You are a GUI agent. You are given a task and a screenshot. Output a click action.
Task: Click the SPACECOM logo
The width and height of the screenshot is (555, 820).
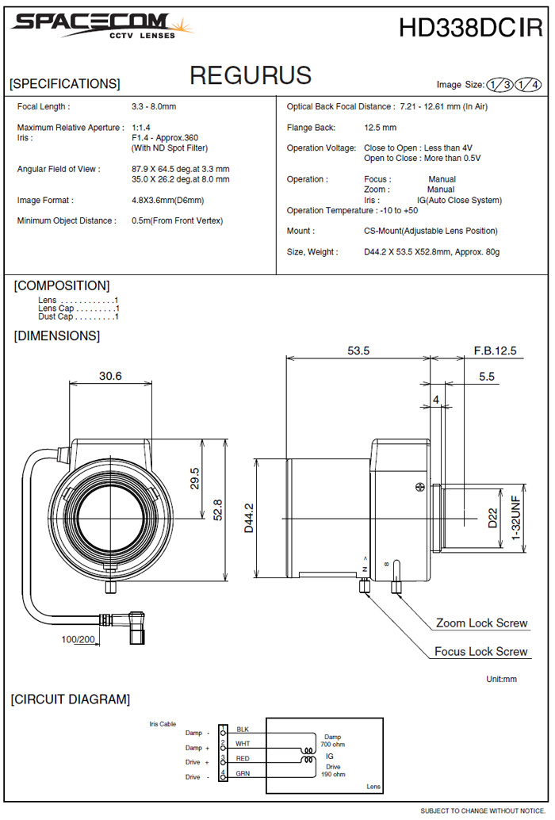(102, 25)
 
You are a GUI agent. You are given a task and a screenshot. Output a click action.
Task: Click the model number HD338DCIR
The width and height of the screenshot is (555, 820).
(470, 29)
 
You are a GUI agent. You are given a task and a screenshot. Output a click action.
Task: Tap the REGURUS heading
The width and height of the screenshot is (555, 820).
(251, 75)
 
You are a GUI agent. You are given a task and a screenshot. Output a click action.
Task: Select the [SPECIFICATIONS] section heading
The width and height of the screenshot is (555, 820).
(65, 83)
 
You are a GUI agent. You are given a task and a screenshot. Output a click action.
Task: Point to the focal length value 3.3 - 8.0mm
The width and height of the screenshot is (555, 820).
(154, 106)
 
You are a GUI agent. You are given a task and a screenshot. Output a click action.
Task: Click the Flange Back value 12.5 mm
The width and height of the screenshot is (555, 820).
(381, 127)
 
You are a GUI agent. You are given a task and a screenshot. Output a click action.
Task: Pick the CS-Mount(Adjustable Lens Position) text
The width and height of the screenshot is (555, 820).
(431, 231)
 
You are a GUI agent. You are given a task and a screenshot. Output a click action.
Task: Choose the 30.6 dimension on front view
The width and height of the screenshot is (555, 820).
(110, 376)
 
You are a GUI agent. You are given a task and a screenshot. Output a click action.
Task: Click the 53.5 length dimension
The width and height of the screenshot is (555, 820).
(358, 351)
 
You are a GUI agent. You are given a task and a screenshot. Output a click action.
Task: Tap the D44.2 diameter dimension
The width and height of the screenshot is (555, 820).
(248, 518)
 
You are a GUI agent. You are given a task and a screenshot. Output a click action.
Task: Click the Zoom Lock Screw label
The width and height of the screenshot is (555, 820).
(481, 623)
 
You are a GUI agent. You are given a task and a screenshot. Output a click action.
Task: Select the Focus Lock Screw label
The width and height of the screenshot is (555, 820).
(480, 652)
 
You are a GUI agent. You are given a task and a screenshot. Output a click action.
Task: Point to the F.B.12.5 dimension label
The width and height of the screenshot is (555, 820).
(495, 351)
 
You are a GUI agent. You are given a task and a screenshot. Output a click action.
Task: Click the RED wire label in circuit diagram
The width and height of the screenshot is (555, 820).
(243, 759)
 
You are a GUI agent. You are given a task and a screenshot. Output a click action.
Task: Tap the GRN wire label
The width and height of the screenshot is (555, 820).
(243, 773)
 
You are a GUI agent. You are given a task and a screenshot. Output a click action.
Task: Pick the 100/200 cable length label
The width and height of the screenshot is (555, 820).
(78, 638)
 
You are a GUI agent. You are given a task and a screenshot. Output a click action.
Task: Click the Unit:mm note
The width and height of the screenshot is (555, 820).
(501, 680)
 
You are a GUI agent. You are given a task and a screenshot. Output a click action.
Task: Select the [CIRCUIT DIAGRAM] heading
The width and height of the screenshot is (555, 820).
(70, 699)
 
